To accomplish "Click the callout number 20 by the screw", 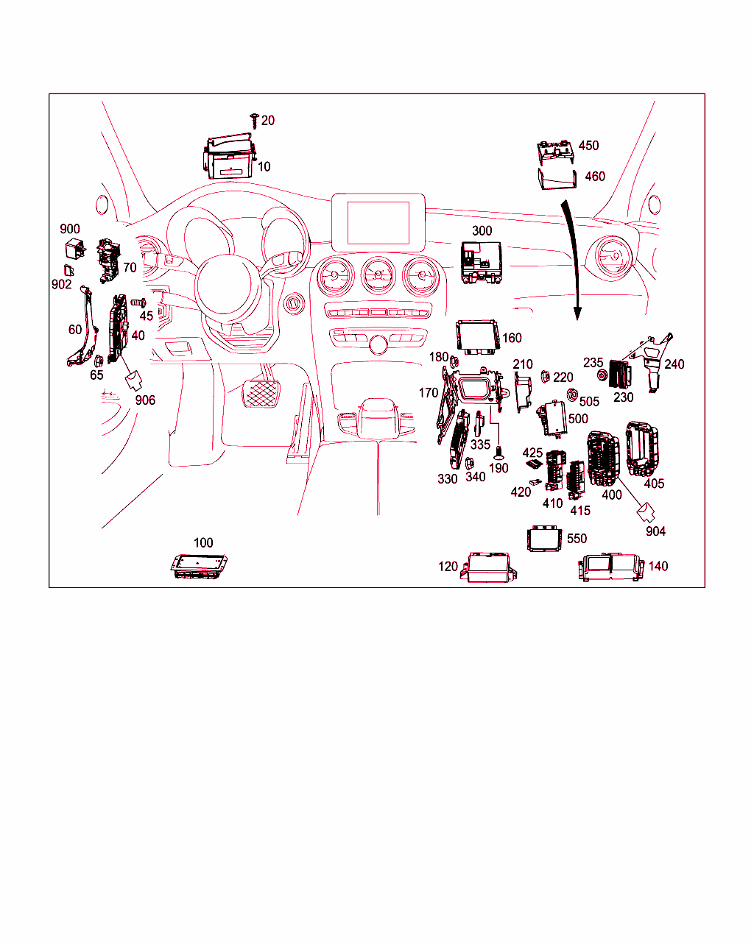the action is (268, 121).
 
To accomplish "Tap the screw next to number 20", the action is (254, 121).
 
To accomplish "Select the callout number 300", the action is (482, 230).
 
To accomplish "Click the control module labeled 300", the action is (481, 262).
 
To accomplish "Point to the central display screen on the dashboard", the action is (378, 223).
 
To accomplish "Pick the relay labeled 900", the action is (75, 249).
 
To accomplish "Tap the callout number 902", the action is (61, 285).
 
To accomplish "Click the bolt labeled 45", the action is (138, 302).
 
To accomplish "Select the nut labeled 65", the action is (99, 361).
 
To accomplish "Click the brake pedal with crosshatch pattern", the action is (261, 394).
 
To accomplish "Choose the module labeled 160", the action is (478, 336).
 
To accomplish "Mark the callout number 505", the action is (589, 401).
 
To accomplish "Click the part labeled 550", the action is (545, 539).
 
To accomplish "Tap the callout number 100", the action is (203, 543).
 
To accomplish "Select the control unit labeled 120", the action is (489, 567).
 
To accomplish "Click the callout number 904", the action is (655, 531).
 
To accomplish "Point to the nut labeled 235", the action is (602, 375).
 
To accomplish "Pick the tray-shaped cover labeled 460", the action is (557, 179).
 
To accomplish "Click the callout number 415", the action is (580, 511).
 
